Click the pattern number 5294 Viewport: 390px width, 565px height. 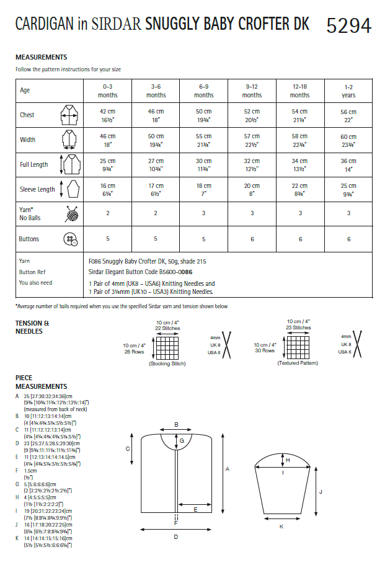[348, 25]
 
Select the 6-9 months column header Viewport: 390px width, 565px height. [204, 91]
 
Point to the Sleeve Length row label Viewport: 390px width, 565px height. [37, 189]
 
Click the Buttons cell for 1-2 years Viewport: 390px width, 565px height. [348, 239]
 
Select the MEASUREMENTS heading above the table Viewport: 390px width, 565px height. [41, 57]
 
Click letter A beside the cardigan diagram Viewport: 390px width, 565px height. [228, 469]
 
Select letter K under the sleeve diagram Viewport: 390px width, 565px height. [281, 527]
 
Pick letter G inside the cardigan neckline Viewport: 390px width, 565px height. [182, 440]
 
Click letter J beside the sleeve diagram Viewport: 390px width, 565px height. [321, 491]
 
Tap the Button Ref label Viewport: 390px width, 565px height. [32, 272]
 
